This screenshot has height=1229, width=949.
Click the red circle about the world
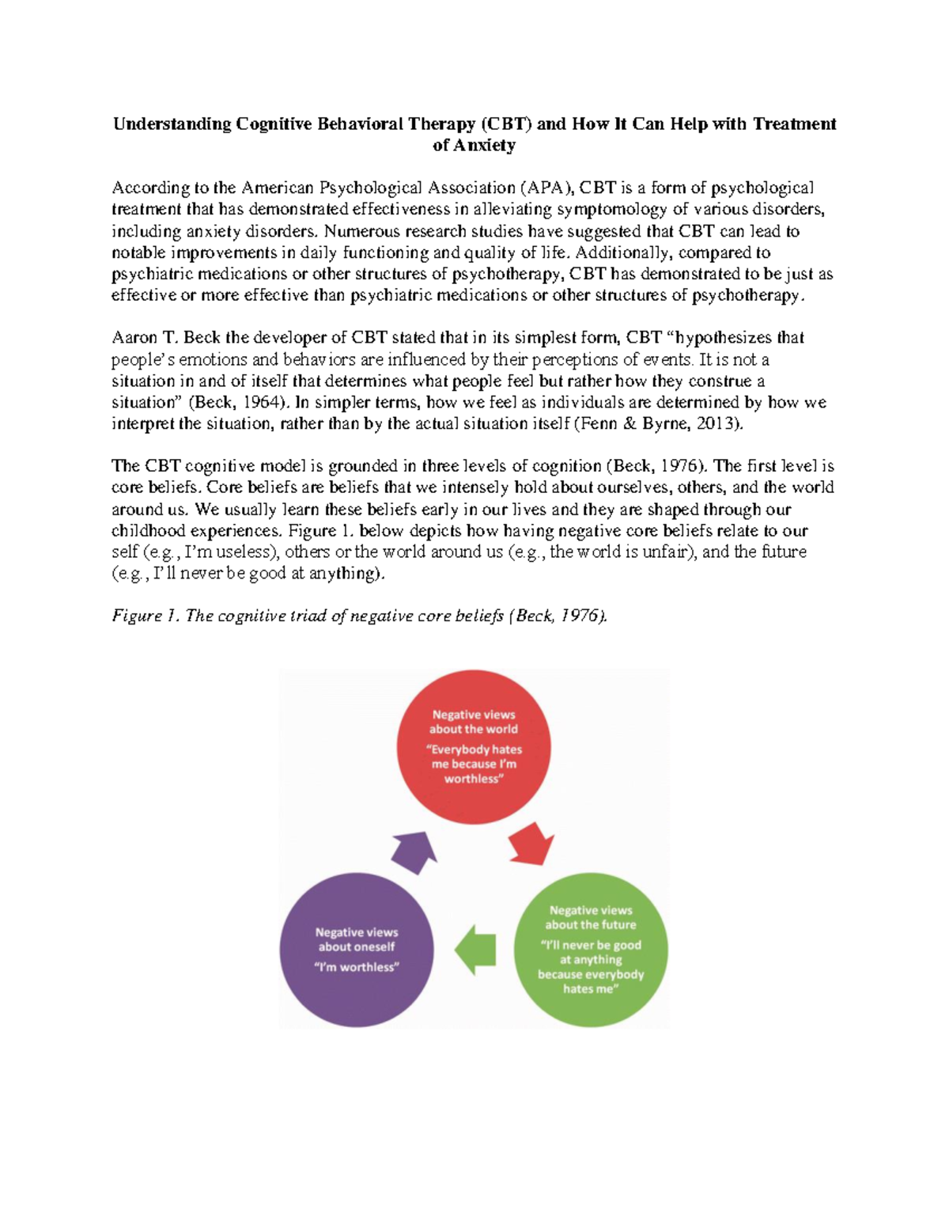473,747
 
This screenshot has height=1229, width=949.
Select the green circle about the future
591,950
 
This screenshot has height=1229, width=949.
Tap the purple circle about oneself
357,950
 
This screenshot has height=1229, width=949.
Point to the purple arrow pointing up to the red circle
414,852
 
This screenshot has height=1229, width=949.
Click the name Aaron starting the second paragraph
134,338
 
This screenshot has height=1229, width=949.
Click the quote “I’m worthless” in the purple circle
357,967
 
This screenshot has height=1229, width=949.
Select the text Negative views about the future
591,917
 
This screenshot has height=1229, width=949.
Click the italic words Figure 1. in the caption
146,616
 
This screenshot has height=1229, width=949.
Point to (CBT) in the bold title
506,124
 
